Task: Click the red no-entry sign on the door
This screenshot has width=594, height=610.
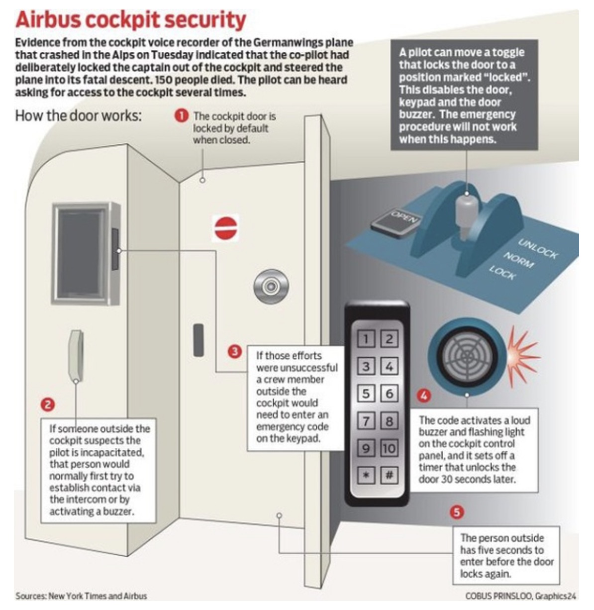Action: pyautogui.click(x=226, y=228)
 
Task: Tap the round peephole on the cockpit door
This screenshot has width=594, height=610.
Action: pyautogui.click(x=271, y=286)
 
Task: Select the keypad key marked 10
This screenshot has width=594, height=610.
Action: pyautogui.click(x=389, y=448)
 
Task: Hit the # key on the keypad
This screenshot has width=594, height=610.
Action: pyautogui.click(x=389, y=475)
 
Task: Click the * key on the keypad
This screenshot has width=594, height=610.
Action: pyautogui.click(x=366, y=475)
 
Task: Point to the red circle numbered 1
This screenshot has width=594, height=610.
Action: pyautogui.click(x=181, y=116)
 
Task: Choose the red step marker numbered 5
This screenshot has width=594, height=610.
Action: pyautogui.click(x=456, y=512)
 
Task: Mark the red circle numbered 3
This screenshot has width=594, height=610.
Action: pyautogui.click(x=235, y=352)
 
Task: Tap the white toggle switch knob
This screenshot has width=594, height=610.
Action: pyautogui.click(x=466, y=211)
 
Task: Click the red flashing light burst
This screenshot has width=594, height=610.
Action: pyautogui.click(x=522, y=354)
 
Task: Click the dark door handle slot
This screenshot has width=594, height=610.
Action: pyautogui.click(x=198, y=340)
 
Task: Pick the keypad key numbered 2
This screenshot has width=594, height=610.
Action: pyautogui.click(x=389, y=339)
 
